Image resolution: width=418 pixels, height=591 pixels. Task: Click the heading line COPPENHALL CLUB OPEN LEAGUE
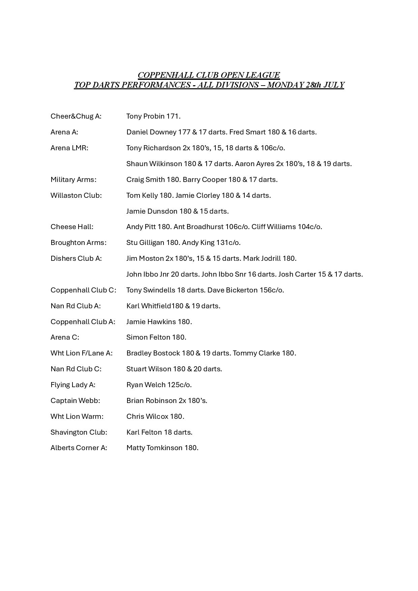209,75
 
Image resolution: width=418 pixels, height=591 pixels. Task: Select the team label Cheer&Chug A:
76,116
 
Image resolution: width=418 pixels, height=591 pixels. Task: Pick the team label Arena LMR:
69,148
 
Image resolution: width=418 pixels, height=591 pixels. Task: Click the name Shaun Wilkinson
154,164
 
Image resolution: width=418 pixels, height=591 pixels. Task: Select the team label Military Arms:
73,180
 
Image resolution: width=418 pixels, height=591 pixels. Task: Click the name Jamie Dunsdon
152,211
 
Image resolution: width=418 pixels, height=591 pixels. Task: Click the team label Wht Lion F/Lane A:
82,353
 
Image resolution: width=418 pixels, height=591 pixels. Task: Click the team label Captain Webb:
75,401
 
